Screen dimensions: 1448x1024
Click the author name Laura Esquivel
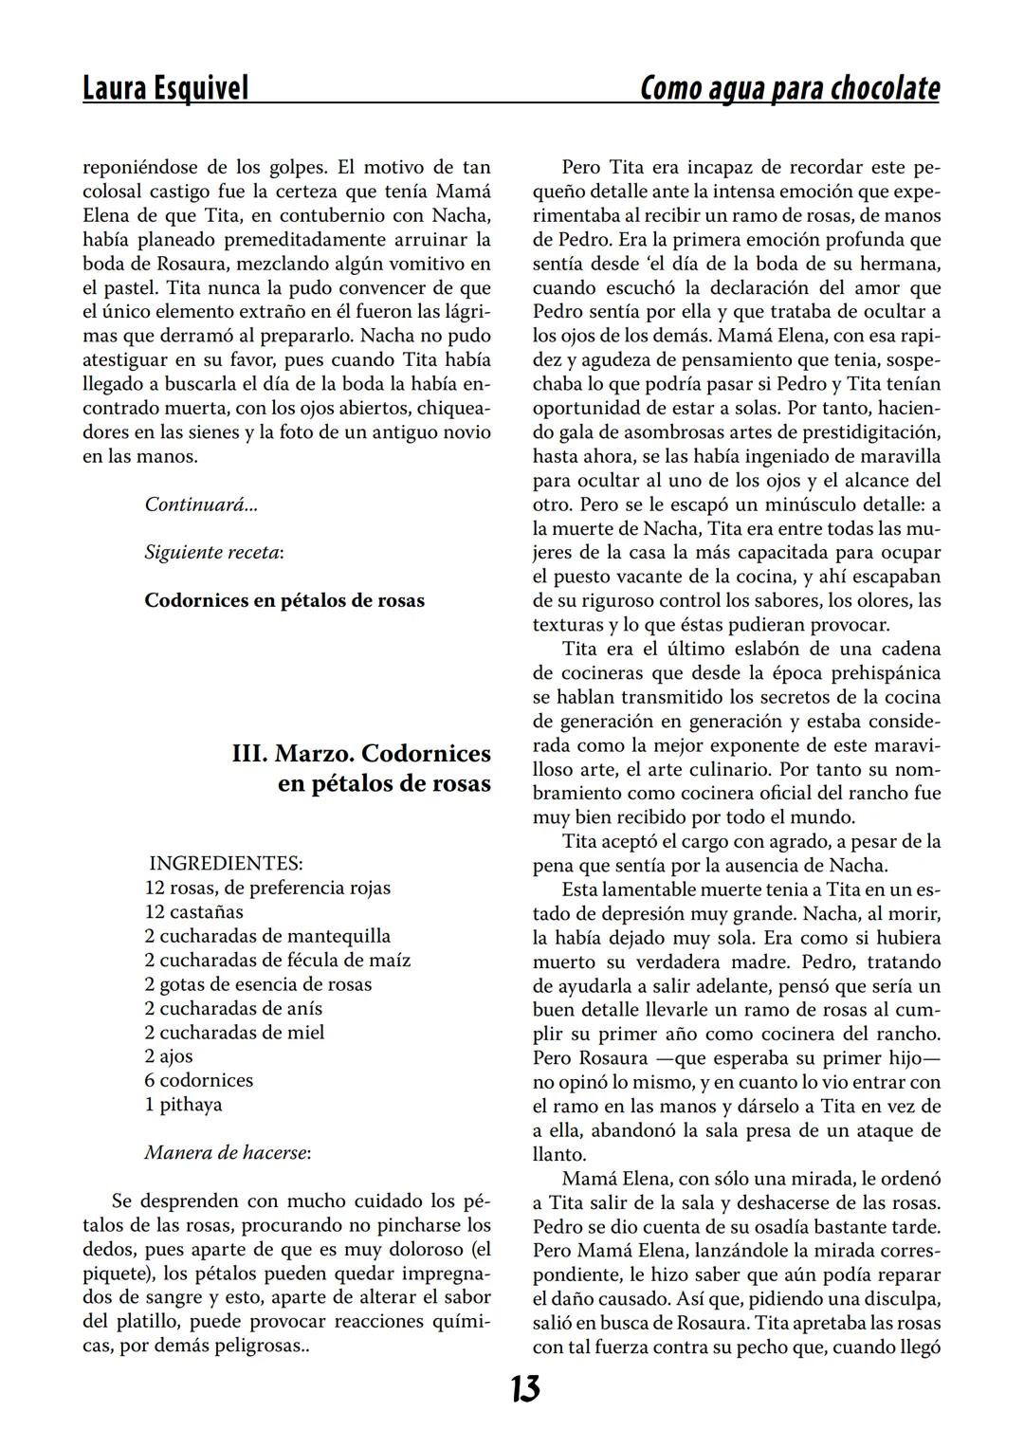point(165,88)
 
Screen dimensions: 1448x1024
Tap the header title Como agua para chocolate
point(790,88)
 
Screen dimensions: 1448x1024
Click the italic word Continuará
point(200,504)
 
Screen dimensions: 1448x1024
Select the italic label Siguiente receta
point(212,552)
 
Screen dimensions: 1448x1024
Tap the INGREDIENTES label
point(226,864)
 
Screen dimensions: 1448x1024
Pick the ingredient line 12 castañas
point(193,912)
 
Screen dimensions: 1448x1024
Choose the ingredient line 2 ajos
point(169,1056)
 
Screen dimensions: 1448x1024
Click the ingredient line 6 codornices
point(198,1080)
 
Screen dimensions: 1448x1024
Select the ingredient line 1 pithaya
point(183,1105)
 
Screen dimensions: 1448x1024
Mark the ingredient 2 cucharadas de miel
point(234,1033)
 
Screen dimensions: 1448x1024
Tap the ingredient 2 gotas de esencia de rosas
point(258,984)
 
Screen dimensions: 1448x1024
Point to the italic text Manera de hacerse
point(228,1153)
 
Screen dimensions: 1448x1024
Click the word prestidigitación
point(869,432)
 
